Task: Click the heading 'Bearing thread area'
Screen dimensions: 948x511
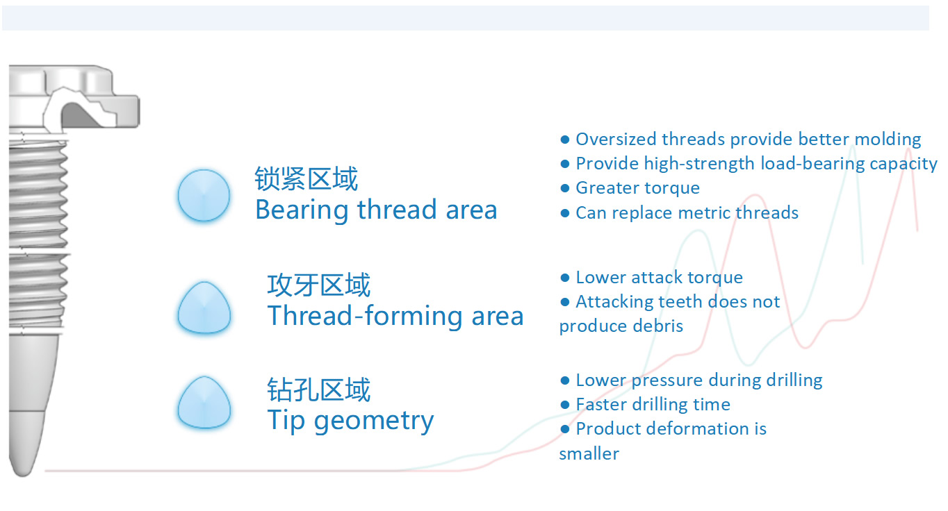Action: point(376,210)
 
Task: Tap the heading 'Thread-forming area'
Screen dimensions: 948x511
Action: point(395,316)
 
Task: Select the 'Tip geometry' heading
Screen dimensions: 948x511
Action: point(350,421)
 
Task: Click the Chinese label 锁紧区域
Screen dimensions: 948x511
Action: point(306,178)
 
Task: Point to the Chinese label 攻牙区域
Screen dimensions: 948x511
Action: point(319,285)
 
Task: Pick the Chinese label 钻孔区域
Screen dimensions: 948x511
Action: point(319,389)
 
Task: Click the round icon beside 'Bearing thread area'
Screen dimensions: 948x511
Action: point(204,195)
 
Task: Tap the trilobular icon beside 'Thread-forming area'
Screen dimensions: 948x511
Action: point(204,308)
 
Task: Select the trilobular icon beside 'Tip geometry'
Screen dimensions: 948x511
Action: point(204,403)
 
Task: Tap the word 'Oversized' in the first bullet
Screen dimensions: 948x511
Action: point(616,139)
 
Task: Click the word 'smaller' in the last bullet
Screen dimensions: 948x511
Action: point(589,454)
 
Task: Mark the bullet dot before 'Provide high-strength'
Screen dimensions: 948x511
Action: point(564,164)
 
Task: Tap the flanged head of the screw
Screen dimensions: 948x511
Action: point(74,97)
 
